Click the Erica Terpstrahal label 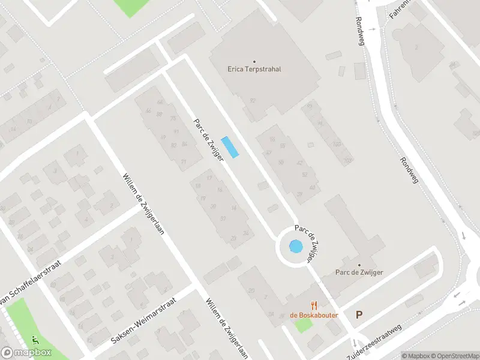[x=254, y=69]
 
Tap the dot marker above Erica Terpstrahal [x=254, y=61]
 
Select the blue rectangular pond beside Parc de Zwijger [x=230, y=147]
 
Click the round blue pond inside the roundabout [x=296, y=246]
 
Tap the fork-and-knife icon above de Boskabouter [x=313, y=305]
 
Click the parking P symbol [x=359, y=314]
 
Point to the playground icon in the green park [x=36, y=340]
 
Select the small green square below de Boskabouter [x=304, y=325]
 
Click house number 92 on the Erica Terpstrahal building [x=253, y=101]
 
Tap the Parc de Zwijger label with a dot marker [x=359, y=272]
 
